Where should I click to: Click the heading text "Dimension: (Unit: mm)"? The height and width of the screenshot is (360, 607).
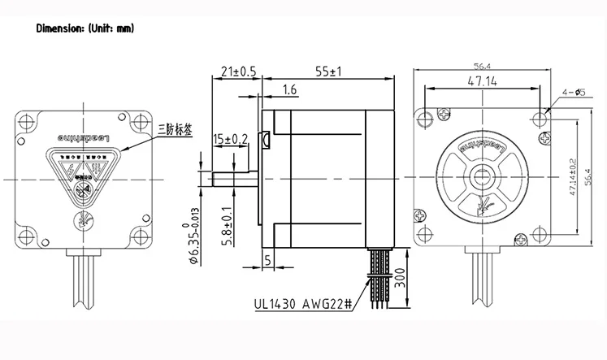pos(85,28)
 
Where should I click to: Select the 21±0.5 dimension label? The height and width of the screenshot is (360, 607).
pos(239,72)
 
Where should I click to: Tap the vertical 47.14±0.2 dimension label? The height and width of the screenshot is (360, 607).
pos(574,176)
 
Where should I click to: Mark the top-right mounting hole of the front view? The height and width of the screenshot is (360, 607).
pos(541,119)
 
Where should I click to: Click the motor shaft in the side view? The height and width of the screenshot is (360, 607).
pos(236,178)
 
